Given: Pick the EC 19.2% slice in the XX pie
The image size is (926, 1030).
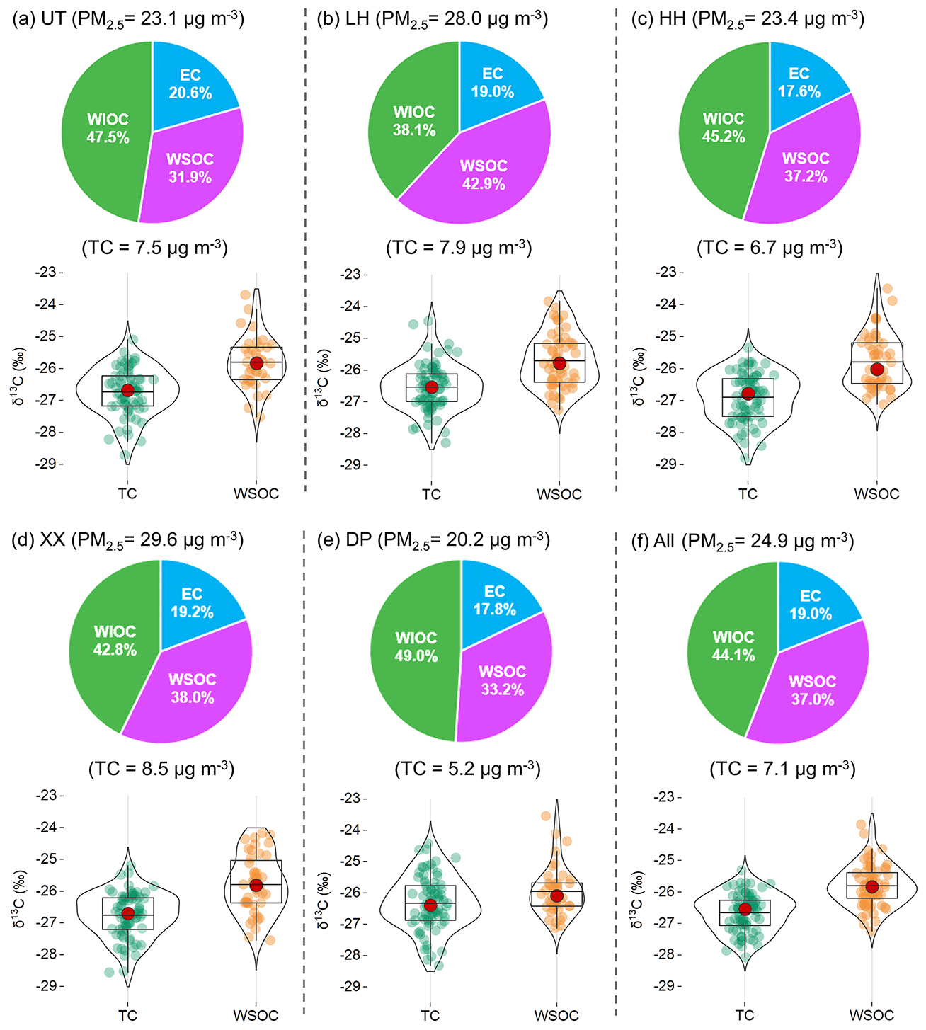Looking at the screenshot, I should (x=192, y=603).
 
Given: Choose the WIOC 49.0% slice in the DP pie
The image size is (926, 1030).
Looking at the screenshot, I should (x=416, y=648).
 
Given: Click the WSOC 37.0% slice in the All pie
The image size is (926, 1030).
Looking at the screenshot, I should (x=811, y=691).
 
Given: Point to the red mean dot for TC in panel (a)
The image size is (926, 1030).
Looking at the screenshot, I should (x=127, y=390).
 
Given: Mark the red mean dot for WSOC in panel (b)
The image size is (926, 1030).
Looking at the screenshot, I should (x=559, y=363).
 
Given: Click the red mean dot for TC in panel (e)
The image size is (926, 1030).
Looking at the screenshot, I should (x=430, y=905).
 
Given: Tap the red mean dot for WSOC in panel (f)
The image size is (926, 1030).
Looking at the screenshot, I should (x=871, y=887).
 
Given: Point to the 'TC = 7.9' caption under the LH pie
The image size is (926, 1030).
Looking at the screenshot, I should (x=459, y=248).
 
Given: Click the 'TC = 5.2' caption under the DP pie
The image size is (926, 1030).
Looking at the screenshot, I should (x=468, y=769).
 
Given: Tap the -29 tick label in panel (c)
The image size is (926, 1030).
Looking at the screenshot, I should (x=665, y=464).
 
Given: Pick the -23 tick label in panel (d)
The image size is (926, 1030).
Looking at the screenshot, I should (x=49, y=795).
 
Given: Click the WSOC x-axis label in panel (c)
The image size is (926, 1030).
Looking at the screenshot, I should (x=876, y=494).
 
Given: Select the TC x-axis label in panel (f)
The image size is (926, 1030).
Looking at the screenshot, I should (x=745, y=1015).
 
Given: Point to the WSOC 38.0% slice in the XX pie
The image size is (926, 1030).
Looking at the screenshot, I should (x=192, y=689).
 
